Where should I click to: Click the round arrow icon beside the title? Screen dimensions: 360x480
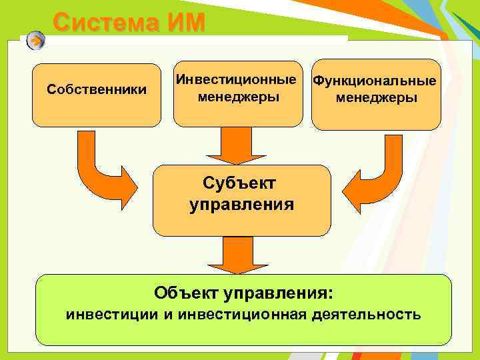36,41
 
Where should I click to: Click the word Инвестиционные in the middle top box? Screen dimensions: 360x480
237,80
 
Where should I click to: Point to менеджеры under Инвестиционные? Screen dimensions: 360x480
237,97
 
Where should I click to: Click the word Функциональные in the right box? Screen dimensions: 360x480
375,81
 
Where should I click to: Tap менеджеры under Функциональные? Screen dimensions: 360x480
377,98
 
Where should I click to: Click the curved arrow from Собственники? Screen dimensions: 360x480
107,173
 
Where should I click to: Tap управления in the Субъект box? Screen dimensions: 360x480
241,204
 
